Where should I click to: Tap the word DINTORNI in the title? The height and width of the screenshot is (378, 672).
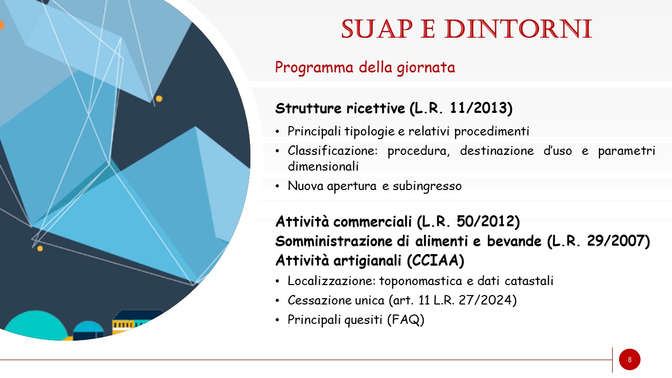(x=518, y=29)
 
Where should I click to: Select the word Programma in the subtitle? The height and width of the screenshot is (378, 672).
(x=314, y=68)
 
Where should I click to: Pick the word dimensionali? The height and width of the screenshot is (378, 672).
(x=323, y=166)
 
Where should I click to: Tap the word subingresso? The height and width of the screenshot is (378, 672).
(x=427, y=186)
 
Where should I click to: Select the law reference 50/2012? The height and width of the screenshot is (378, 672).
(x=486, y=222)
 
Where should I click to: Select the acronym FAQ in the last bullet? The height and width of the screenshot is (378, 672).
(x=405, y=320)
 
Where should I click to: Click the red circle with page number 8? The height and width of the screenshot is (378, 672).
(x=629, y=360)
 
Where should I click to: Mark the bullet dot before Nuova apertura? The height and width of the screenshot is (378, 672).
(x=277, y=186)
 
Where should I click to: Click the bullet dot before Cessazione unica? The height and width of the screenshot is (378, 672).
(x=277, y=300)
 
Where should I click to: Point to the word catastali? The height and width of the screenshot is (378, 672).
(x=529, y=281)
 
